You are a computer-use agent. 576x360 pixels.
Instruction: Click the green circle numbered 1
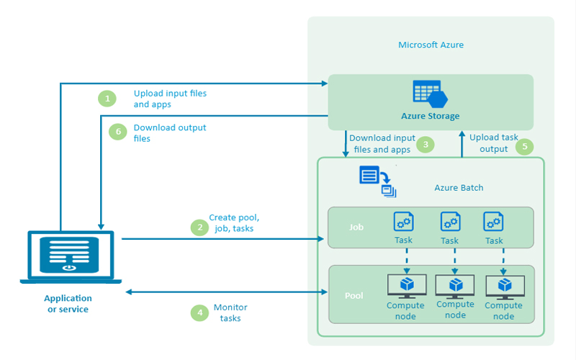pos(107,98)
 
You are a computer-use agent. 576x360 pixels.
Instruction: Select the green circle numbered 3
pos(426,144)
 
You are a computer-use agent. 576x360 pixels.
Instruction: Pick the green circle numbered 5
pos(524,147)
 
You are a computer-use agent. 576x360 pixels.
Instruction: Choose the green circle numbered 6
pos(117,132)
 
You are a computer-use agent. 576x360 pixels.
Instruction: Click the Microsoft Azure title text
pos(431,45)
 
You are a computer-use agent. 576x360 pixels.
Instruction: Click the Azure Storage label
pos(430,116)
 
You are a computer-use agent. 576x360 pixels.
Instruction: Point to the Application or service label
pos(68,303)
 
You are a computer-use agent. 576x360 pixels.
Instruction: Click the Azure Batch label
pos(459,188)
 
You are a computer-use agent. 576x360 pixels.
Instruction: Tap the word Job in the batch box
pos(356,227)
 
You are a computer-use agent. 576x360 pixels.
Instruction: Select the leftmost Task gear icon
pos(403,221)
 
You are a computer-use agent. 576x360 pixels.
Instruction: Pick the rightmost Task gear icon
pos(493,221)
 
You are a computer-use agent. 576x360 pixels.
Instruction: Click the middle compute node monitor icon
pos(455,286)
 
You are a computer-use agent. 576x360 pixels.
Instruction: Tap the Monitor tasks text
pos(230,312)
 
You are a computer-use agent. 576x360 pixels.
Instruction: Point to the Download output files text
pos(170,132)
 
